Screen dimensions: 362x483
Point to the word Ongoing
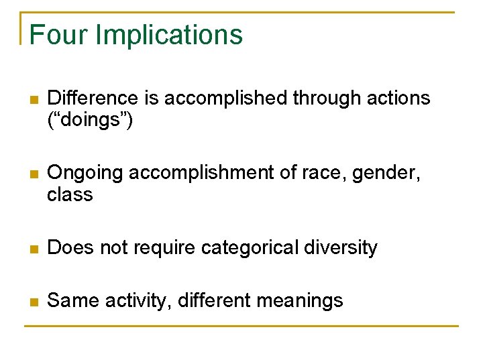(85, 174)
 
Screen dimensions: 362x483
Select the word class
(70, 195)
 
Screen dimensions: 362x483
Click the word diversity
(342, 248)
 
